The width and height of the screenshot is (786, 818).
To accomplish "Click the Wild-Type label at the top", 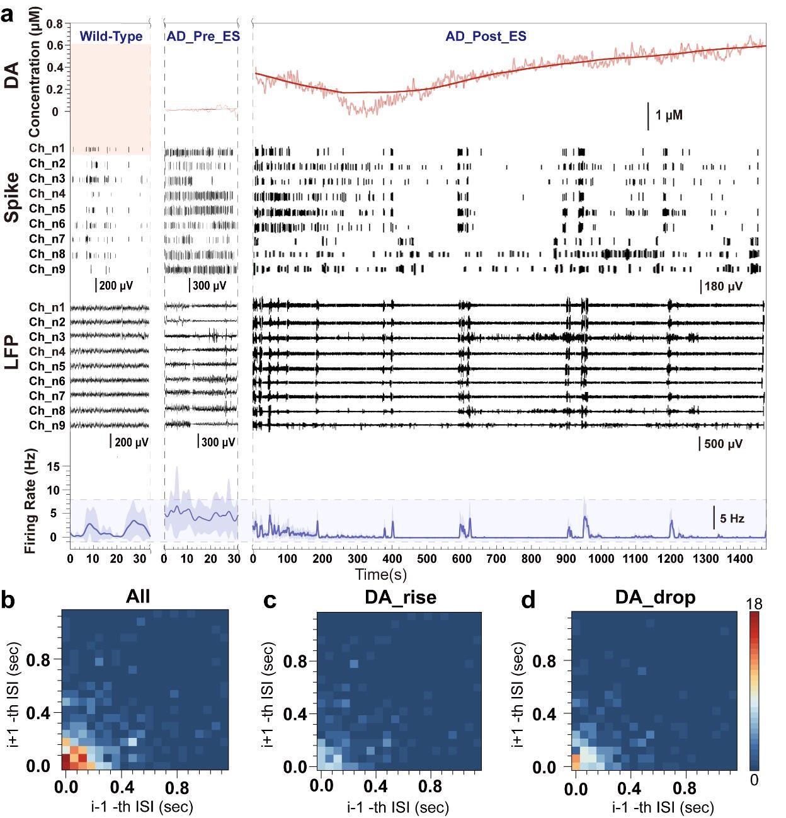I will [x=111, y=37].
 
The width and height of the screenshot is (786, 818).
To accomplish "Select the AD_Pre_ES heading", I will [x=203, y=37].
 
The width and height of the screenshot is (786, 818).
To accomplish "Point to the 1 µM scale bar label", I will [x=669, y=116].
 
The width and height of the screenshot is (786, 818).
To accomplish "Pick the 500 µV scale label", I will [x=723, y=444].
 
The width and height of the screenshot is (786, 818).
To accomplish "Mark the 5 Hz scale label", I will [x=732, y=519].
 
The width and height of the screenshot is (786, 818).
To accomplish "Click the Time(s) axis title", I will [x=381, y=574].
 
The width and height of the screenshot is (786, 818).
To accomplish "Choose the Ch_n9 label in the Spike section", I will [x=47, y=269].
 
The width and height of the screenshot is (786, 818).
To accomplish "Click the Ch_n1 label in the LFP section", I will [x=47, y=308].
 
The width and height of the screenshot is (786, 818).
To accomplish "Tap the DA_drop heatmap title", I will [x=655, y=597].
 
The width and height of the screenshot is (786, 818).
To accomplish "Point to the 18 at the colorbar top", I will [x=754, y=604].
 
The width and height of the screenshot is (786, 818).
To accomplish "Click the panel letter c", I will [x=270, y=601].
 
